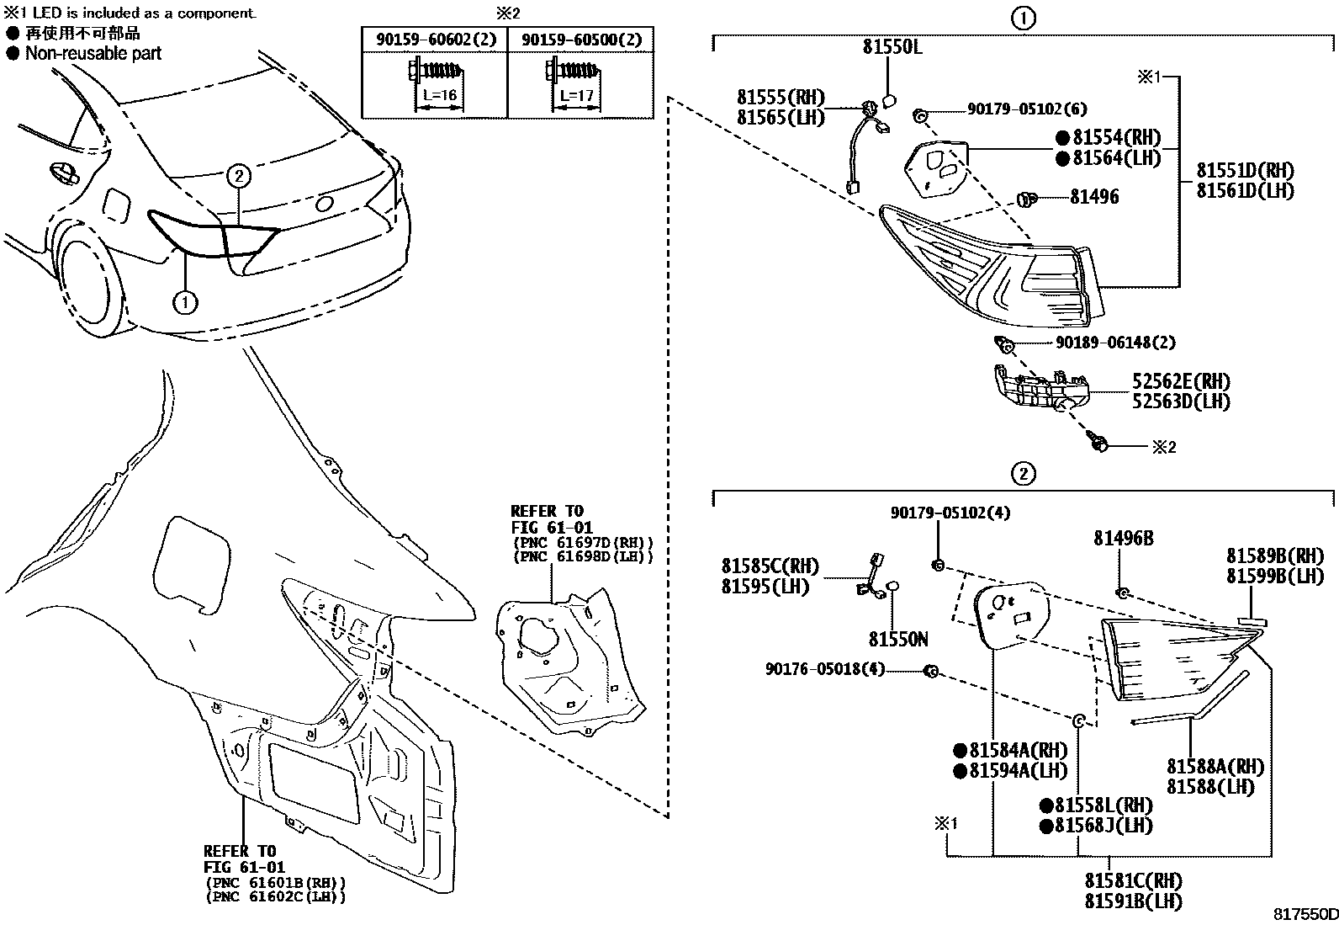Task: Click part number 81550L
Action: [892, 48]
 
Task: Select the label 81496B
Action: [1123, 538]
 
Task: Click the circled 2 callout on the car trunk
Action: [239, 176]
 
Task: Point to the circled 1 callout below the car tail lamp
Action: [185, 300]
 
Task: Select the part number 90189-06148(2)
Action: [1115, 343]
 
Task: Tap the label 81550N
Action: [898, 640]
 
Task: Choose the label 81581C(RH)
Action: [1133, 881]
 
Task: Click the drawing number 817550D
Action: [1304, 914]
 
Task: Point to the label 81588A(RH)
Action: [1215, 767]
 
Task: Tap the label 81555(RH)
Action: [781, 98]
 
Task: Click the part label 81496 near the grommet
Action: [1094, 197]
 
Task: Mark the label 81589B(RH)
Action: [1274, 556]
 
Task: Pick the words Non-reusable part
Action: [93, 54]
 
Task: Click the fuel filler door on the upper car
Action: [116, 206]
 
